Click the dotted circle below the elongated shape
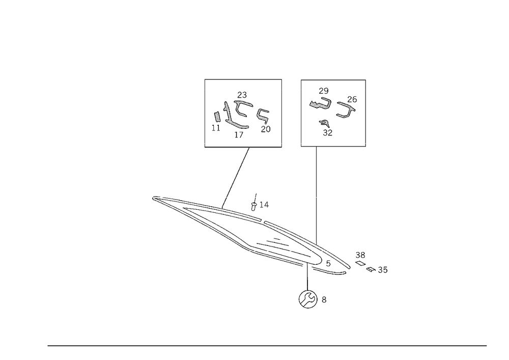[x=307, y=299]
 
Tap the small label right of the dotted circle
[x=324, y=300]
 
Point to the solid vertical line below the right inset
[x=315, y=193]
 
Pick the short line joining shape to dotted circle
[x=307, y=272]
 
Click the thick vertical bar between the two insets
[x=282, y=113]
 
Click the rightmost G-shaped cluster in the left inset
[x=264, y=119]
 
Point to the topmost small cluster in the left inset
[x=243, y=95]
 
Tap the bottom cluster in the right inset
[x=324, y=127]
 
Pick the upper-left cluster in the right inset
[x=321, y=100]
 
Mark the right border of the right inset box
[x=365, y=112]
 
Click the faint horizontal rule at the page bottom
[x=267, y=345]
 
